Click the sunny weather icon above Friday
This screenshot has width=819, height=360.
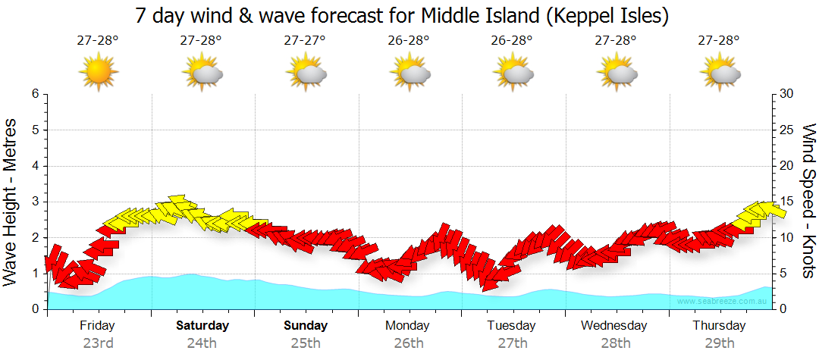[98, 73]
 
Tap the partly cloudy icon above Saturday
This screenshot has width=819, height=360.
[202, 73]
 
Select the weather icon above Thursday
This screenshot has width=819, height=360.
[719, 73]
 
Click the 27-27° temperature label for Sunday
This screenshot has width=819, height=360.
[305, 41]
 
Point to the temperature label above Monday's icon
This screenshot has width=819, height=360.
[408, 41]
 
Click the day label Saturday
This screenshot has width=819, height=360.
[202, 326]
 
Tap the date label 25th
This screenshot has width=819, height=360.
[305, 343]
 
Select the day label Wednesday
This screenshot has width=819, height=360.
[614, 326]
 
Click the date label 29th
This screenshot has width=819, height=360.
[719, 343]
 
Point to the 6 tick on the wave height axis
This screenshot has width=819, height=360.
[35, 94]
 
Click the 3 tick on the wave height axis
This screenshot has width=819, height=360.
[35, 202]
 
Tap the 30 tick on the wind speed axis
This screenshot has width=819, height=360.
[786, 94]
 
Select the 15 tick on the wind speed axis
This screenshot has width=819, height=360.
[786, 202]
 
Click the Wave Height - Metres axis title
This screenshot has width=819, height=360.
[12, 201]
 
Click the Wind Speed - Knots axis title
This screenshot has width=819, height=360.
[808, 201]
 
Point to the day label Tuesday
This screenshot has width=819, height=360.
[511, 326]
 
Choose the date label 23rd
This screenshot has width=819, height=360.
[98, 343]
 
